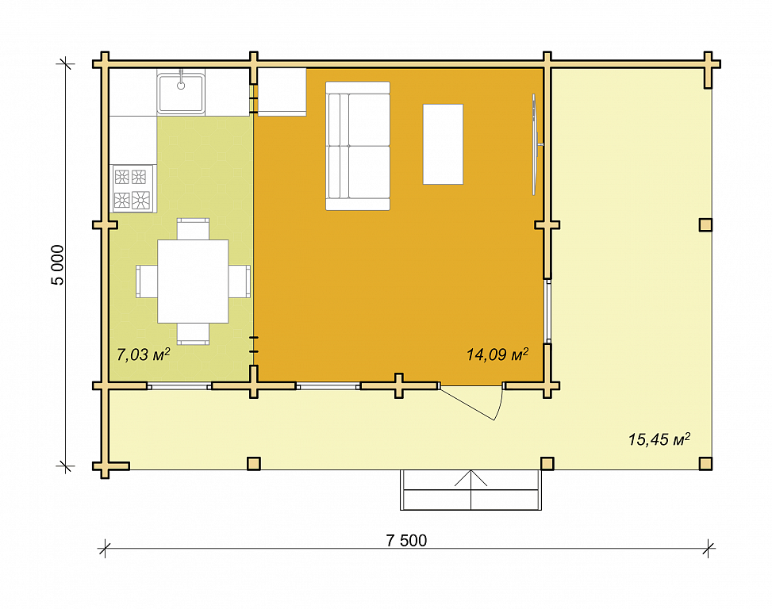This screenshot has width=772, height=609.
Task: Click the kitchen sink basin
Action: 181,93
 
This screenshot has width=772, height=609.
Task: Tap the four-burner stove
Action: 133,189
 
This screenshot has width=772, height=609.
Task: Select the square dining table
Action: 193,282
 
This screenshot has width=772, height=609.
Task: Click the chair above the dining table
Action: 193,228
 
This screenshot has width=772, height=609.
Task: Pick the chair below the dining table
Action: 193,334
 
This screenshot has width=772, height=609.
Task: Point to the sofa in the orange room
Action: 358,146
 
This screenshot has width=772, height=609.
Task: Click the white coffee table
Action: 443,144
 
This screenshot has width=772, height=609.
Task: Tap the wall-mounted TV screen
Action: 535,144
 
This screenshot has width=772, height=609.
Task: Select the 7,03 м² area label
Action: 144,354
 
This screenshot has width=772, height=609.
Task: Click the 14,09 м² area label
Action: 497,354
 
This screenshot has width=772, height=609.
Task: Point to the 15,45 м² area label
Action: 659,439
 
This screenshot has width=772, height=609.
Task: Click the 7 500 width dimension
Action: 406,540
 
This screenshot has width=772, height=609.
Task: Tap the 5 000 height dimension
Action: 58,265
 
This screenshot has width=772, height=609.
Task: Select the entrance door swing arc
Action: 499,404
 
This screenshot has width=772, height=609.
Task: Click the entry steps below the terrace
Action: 470,490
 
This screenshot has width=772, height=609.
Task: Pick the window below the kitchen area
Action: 179,387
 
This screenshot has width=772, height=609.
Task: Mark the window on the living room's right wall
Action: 548,312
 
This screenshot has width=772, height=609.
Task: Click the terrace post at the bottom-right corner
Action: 705,463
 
